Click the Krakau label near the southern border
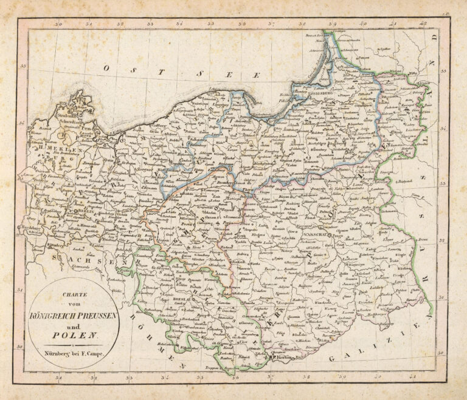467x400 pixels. (x=285, y=359)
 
